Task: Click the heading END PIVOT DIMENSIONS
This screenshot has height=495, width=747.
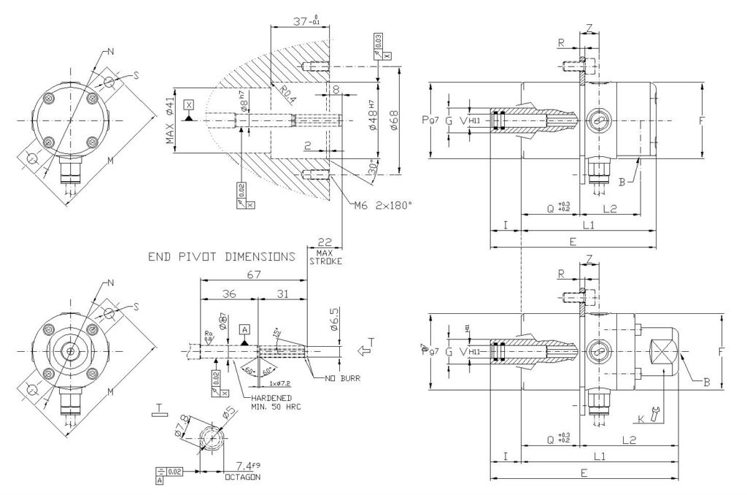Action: tap(222, 257)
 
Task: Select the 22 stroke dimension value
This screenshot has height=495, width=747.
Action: tap(325, 242)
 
